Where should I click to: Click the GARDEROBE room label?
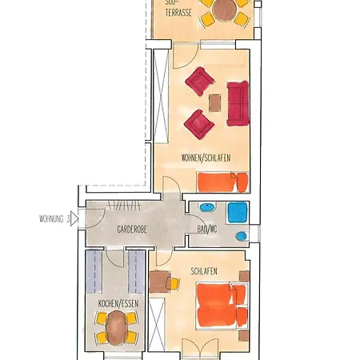132,230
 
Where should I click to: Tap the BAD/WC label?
207,229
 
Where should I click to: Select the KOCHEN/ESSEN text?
118,303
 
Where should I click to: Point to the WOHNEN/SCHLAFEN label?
206,158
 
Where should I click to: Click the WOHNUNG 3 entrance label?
54,219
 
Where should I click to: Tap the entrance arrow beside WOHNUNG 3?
74,219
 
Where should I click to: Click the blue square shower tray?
238,212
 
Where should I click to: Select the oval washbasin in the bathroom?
207,206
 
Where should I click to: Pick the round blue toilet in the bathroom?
242,236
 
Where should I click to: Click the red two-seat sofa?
238,103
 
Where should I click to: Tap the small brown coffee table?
214,103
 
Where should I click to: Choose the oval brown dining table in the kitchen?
116,328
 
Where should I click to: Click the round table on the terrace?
224,10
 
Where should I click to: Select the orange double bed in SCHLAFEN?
222,306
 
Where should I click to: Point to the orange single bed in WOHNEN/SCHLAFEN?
222,182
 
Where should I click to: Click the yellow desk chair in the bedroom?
173,283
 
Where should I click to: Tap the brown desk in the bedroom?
159,282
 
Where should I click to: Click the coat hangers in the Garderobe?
124,206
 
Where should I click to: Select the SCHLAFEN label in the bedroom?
204,271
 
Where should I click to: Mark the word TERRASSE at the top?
178,13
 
